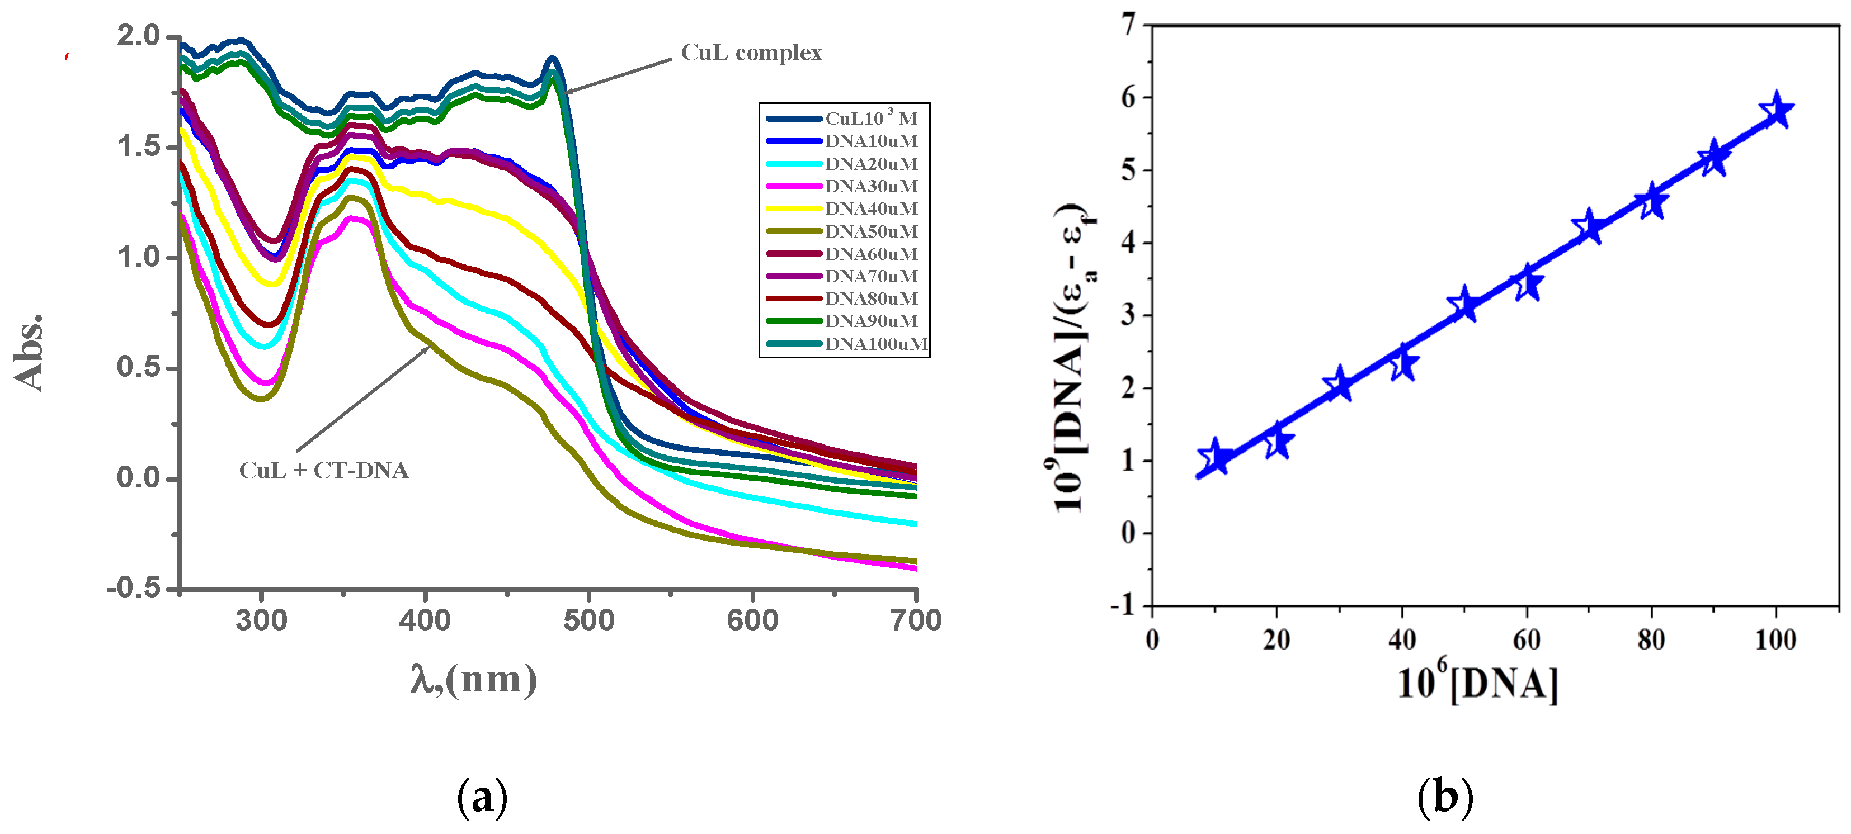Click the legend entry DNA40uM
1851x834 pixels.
[870, 209]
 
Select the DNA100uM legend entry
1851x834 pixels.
[875, 344]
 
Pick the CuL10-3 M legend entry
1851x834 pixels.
[870, 119]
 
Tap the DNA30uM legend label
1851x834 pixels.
[870, 187]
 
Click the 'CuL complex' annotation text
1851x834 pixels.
[751, 53]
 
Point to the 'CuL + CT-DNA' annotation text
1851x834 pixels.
[323, 471]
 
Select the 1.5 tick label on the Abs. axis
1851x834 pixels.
[139, 146]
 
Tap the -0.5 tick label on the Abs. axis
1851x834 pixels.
[134, 589]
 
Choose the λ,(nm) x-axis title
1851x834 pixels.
[474, 679]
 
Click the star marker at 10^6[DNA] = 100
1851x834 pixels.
[1776, 111]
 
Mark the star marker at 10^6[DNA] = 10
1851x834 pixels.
[1215, 458]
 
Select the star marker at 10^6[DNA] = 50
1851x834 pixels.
[1464, 305]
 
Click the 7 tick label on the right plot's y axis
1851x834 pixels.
[1129, 25]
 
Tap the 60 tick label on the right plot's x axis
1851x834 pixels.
[1526, 639]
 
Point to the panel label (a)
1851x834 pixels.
[482, 797]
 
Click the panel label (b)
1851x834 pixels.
[1445, 797]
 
